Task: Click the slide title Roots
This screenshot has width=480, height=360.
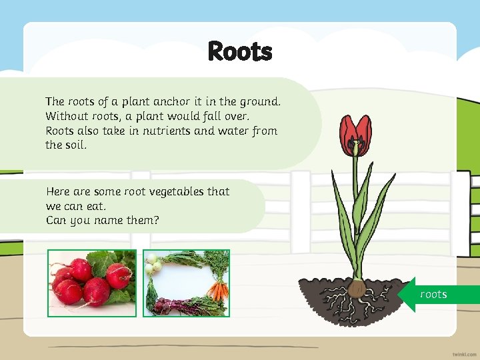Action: tap(240, 51)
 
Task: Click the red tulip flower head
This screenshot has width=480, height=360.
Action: tap(355, 136)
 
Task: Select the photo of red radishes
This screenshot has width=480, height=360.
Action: tap(92, 283)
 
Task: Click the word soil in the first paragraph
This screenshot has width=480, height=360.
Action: tap(75, 145)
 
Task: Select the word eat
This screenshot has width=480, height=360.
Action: tap(96, 206)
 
